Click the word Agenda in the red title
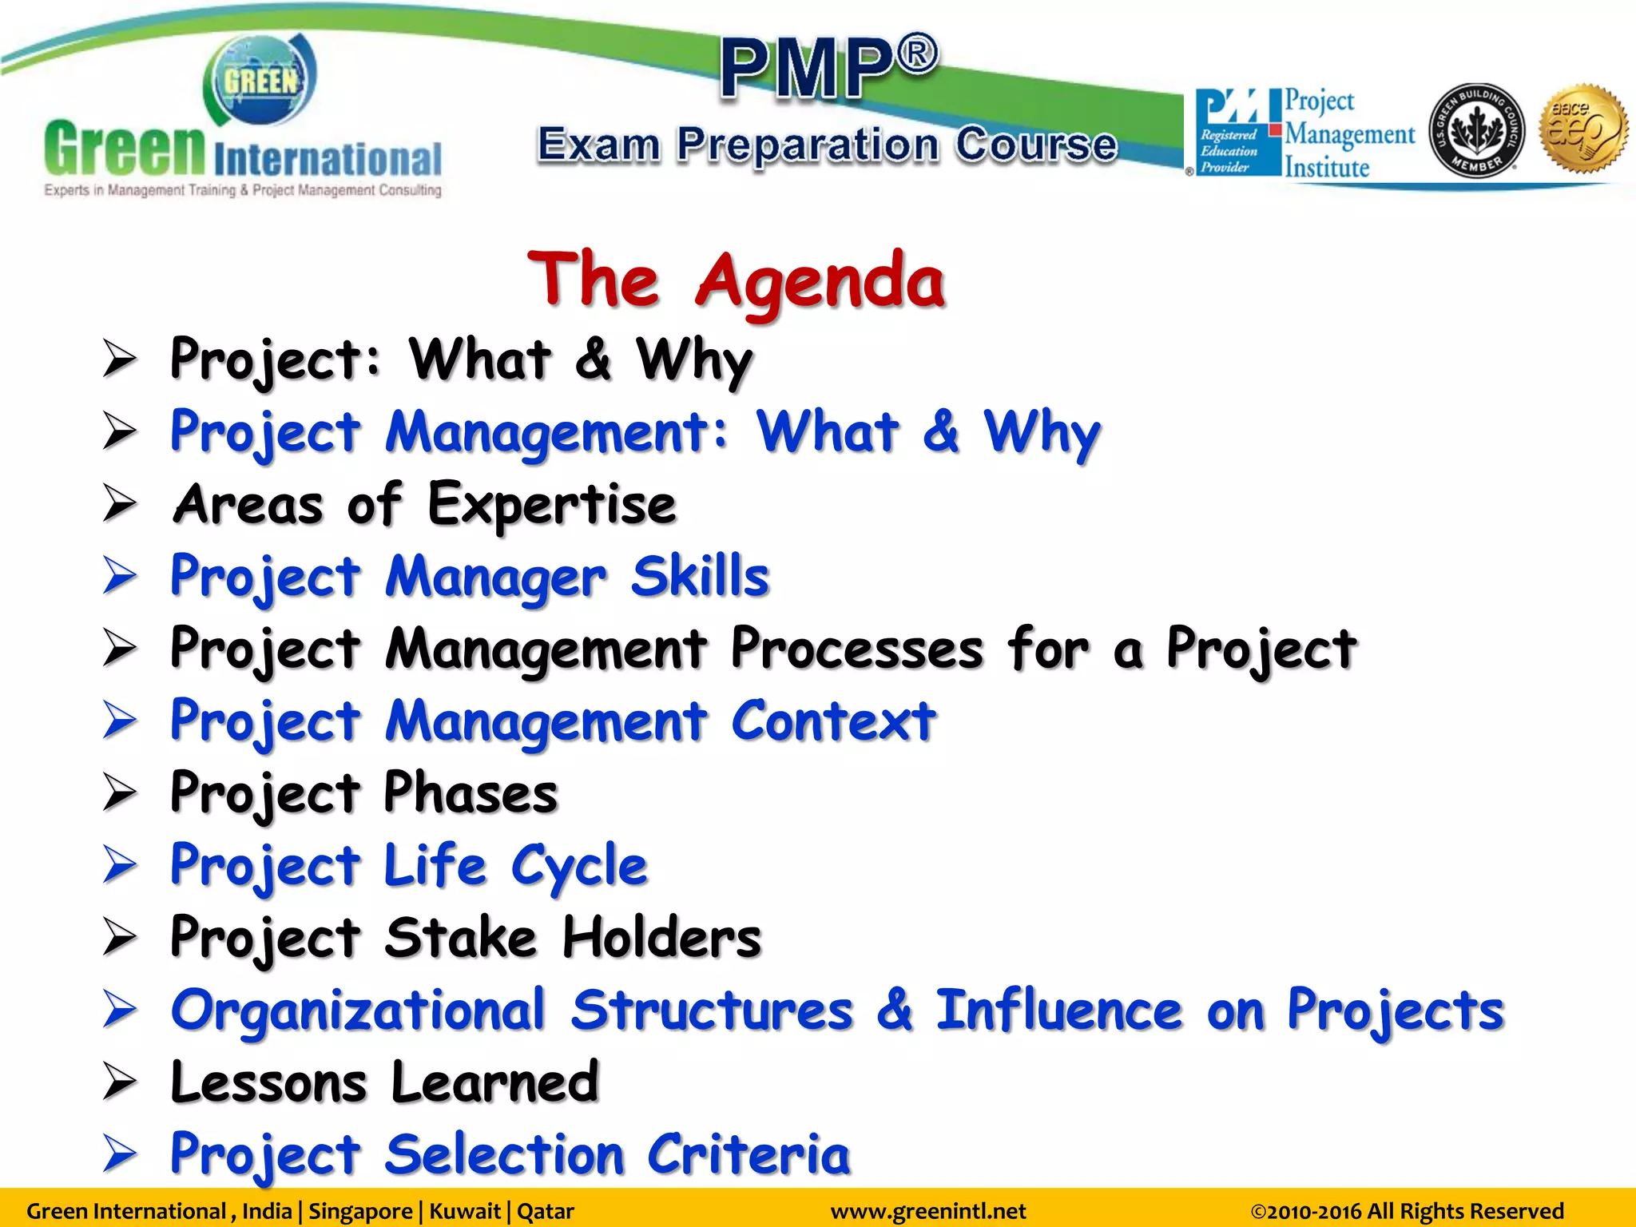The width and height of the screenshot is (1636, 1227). click(820, 281)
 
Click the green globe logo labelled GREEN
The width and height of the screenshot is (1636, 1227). click(260, 80)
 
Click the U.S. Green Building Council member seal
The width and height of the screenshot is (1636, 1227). click(1475, 131)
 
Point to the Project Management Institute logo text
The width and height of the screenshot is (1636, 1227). click(1348, 134)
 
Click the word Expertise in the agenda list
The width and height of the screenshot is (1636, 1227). click(551, 505)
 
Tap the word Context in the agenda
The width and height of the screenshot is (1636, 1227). click(832, 721)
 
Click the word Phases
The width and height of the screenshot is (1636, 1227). click(471, 793)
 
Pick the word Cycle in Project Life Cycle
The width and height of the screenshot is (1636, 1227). click(579, 866)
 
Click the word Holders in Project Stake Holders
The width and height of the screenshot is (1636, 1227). click(661, 938)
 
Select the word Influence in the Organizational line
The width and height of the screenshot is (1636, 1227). click(1058, 1010)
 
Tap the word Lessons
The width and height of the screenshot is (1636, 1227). click(268, 1082)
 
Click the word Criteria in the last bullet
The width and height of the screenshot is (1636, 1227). click(749, 1155)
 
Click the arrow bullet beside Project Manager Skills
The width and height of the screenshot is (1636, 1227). click(120, 577)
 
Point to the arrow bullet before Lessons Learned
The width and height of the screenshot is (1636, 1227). click(120, 1082)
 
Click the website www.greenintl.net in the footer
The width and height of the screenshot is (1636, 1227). click(927, 1211)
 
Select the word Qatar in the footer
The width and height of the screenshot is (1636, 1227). click(546, 1211)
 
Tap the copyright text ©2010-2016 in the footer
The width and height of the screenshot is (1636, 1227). click(1306, 1211)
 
